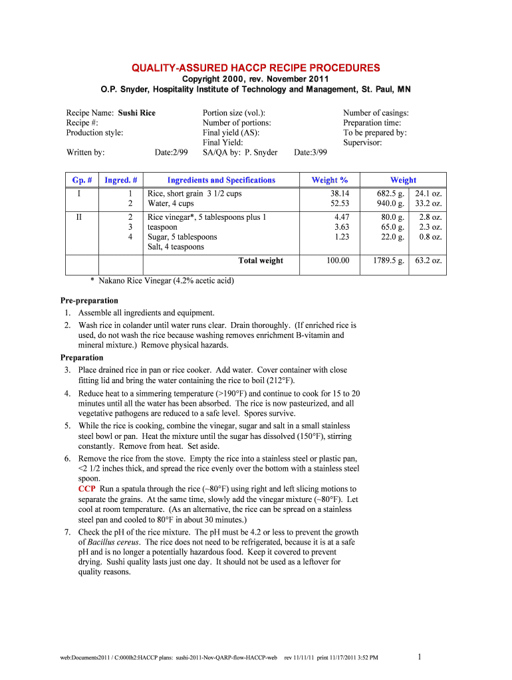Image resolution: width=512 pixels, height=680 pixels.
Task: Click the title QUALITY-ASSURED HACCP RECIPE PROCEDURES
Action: [256, 68]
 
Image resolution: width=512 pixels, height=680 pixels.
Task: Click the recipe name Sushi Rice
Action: [136, 113]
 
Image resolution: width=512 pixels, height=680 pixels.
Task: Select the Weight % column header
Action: [329, 180]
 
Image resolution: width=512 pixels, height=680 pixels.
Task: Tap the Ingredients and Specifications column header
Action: [221, 180]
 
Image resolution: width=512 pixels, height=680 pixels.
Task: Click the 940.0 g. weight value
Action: [388, 204]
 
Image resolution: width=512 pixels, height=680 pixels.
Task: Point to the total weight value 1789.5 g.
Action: [387, 260]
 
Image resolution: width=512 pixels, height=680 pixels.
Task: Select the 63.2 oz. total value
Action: [430, 260]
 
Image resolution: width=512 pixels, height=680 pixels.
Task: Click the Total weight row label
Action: [260, 260]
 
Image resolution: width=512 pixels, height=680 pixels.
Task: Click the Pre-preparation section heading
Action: [89, 301]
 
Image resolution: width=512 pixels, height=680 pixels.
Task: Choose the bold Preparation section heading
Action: [82, 357]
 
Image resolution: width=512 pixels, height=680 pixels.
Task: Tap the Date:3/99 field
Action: [311, 153]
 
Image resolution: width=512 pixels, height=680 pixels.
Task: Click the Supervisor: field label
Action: [362, 143]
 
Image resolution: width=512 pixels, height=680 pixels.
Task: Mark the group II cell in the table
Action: [79, 217]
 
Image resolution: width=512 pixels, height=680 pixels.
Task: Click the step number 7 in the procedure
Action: [68, 532]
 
